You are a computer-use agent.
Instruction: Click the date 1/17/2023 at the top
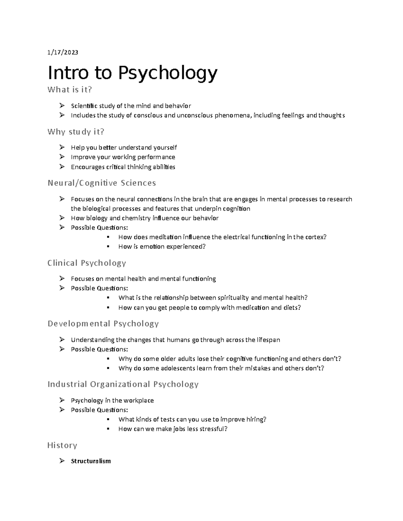pyautogui.click(x=63, y=52)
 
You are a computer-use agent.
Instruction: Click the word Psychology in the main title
pyautogui.click(x=168, y=73)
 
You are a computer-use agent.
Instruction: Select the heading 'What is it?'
pyautogui.click(x=70, y=90)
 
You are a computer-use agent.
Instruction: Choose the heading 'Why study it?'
pyautogui.click(x=76, y=132)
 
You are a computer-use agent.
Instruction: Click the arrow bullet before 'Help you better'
pyautogui.click(x=62, y=147)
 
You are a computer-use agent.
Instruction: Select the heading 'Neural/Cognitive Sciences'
pyautogui.click(x=102, y=183)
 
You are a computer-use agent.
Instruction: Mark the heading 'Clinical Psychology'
pyautogui.click(x=87, y=263)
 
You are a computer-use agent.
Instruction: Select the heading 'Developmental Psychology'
pyautogui.click(x=103, y=324)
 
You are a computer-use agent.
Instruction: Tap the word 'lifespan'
pyautogui.click(x=268, y=340)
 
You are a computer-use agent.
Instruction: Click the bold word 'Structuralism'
pyautogui.click(x=91, y=461)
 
